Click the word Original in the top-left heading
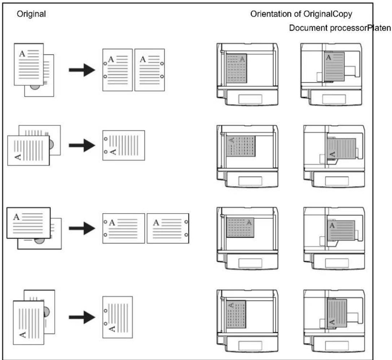pyautogui.click(x=31, y=14)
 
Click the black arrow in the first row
pyautogui.click(x=82, y=70)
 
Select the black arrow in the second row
pyautogui.click(x=82, y=145)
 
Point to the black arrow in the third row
pyautogui.click(x=82, y=228)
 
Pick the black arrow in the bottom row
pyautogui.click(x=82, y=317)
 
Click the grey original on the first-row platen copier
pyautogui.click(x=334, y=66)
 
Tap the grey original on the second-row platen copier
pyautogui.click(x=342, y=149)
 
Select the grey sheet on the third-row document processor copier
pyautogui.click(x=240, y=228)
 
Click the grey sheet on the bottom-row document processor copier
pyautogui.click(x=236, y=314)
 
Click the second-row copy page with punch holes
pyautogui.click(x=124, y=145)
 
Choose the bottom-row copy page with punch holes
pyautogui.click(x=118, y=317)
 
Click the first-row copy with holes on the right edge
pyautogui.click(x=150, y=70)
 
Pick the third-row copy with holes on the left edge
pyautogui.click(x=124, y=228)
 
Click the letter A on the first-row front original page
pyautogui.click(x=22, y=54)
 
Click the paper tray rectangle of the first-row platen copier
pyautogui.click(x=334, y=99)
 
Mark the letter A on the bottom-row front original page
pyautogui.click(x=22, y=334)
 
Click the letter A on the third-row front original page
pyautogui.click(x=16, y=217)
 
